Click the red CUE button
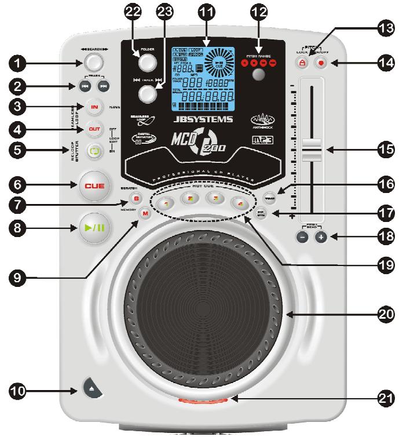coord(94,186)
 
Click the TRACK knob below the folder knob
coord(149,93)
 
